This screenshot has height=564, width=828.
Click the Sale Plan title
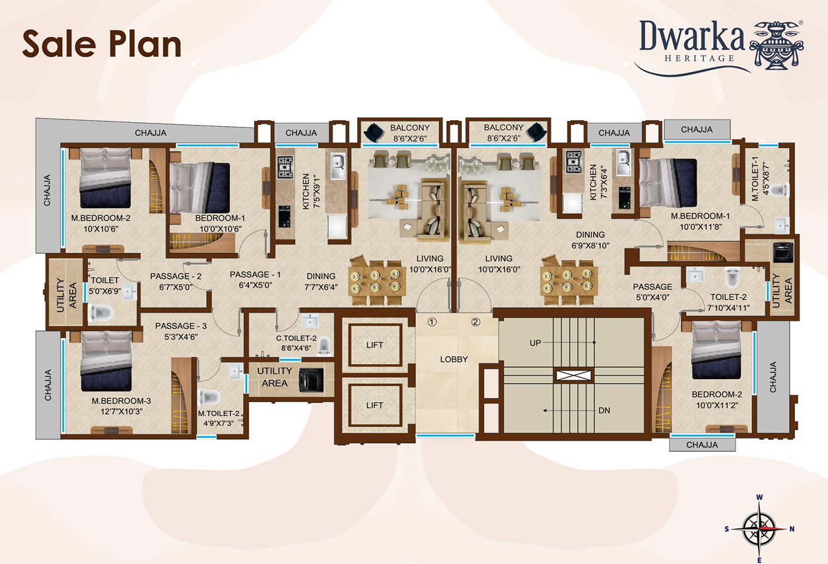(102, 44)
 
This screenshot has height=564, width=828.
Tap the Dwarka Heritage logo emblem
(777, 45)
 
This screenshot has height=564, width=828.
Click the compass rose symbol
(759, 529)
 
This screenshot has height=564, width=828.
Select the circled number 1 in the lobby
(432, 322)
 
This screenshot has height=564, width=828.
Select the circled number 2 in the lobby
(475, 322)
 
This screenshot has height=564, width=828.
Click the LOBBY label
(454, 359)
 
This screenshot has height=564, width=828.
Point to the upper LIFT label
(374, 345)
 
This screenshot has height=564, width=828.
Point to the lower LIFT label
(374, 405)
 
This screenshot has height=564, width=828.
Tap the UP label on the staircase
(535, 343)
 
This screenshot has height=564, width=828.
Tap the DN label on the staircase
(604, 411)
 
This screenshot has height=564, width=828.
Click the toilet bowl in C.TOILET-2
(324, 346)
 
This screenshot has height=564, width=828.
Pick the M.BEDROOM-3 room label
(121, 400)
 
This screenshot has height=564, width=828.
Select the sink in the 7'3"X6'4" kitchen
(623, 162)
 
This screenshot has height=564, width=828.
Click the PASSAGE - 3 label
(181, 326)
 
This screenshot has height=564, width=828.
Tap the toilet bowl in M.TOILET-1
(780, 190)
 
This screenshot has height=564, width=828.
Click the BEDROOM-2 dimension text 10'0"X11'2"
(716, 405)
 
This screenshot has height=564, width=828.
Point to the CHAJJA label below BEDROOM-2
(702, 444)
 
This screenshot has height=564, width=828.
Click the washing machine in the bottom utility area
(311, 380)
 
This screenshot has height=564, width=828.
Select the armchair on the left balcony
(374, 132)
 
